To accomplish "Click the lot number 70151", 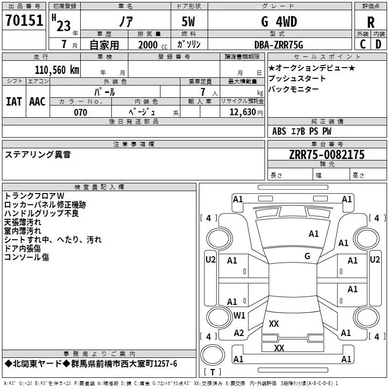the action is tap(24, 21).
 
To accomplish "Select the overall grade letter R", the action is tap(371, 22).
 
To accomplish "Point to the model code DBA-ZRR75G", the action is tap(279, 45).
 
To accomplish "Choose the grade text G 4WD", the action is tap(279, 22).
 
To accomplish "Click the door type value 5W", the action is tap(188, 22).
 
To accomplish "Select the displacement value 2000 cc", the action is tap(152, 45).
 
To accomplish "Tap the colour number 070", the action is tap(80, 112).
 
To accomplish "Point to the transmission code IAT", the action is tap(14, 102).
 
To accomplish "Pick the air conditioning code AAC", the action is tap(37, 102).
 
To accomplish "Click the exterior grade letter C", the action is tap(362, 44).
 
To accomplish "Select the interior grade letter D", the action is tap(378, 44).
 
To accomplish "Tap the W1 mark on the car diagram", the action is tap(239, 316).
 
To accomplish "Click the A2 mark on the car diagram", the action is tap(239, 333).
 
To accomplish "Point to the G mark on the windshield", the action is tap(307, 256).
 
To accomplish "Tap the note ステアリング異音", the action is tap(37, 155).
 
